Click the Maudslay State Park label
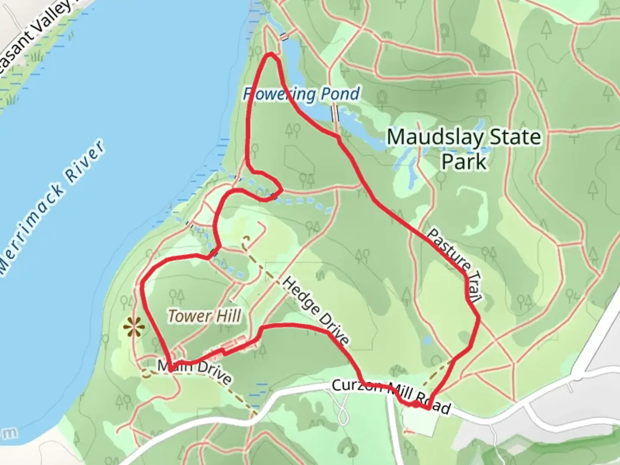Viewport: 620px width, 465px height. pyautogui.click(x=464, y=149)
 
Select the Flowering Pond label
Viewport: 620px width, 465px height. pyautogui.click(x=301, y=94)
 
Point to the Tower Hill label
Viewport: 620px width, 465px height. pyautogui.click(x=205, y=316)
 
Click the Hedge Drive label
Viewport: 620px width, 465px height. pyautogui.click(x=316, y=311)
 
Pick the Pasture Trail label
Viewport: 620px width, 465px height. pyautogui.click(x=454, y=264)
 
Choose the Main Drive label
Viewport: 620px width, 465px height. pyautogui.click(x=195, y=371)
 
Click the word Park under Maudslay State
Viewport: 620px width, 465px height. pyautogui.click(x=464, y=162)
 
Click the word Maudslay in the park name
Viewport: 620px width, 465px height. pyautogui.click(x=435, y=137)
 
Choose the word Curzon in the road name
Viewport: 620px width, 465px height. pyautogui.click(x=356, y=386)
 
